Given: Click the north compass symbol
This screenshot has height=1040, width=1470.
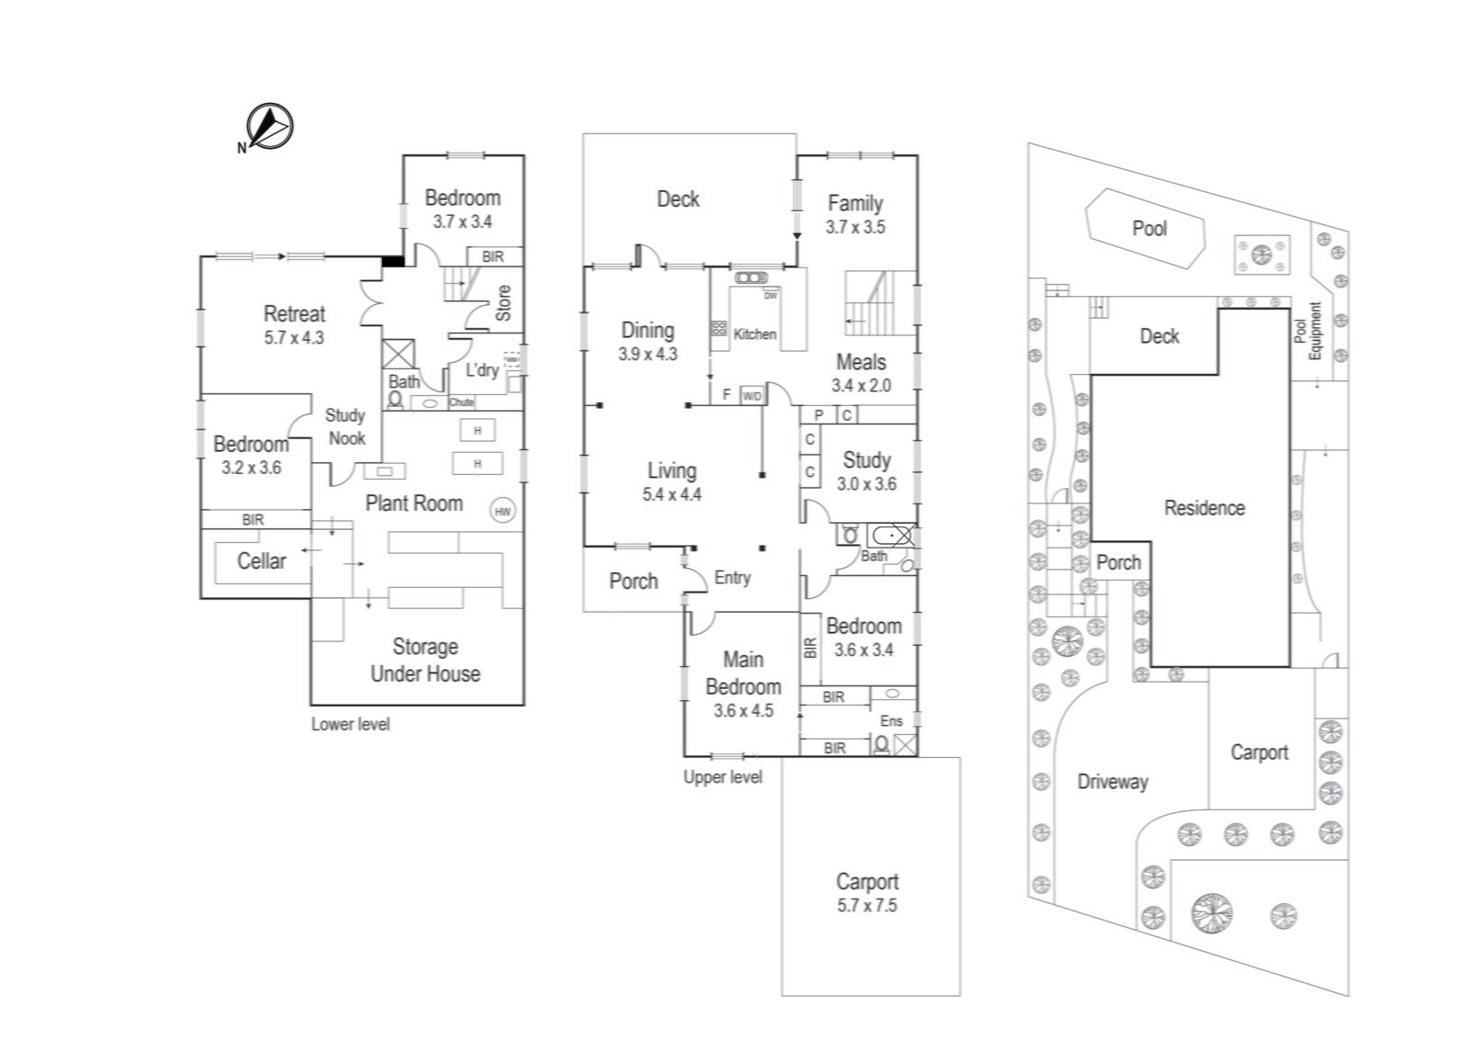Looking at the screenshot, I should [269, 126].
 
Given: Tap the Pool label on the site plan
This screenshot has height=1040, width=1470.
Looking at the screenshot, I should [1148, 228].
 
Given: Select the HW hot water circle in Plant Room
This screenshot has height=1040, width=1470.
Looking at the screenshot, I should [503, 512].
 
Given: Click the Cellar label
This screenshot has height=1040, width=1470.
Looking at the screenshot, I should [262, 560].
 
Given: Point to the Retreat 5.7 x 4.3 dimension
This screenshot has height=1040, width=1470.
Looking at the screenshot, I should [294, 337].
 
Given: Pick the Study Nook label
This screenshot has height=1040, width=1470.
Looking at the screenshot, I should [345, 426].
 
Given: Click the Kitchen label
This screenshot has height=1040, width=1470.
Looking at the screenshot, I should [754, 334].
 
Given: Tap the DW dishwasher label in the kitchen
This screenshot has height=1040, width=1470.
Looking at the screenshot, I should [770, 296].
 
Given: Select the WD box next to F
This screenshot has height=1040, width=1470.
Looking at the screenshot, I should [752, 396].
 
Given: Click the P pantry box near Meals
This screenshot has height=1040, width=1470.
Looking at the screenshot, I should [818, 415].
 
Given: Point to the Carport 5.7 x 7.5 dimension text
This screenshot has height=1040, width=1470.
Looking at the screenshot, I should [867, 905].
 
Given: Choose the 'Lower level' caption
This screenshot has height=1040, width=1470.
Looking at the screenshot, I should [350, 724].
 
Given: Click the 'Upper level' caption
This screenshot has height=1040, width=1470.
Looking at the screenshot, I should [722, 776].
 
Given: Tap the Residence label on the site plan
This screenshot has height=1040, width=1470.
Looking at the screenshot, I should [1204, 507].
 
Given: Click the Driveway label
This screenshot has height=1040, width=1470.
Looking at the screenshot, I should [1113, 782].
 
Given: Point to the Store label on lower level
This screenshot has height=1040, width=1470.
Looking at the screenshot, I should [503, 303].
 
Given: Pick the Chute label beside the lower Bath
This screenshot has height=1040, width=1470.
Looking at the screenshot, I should [461, 402].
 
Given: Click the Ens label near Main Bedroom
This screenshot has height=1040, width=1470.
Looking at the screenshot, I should [891, 721].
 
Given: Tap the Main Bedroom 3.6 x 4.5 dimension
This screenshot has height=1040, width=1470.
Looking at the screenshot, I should [743, 710].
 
